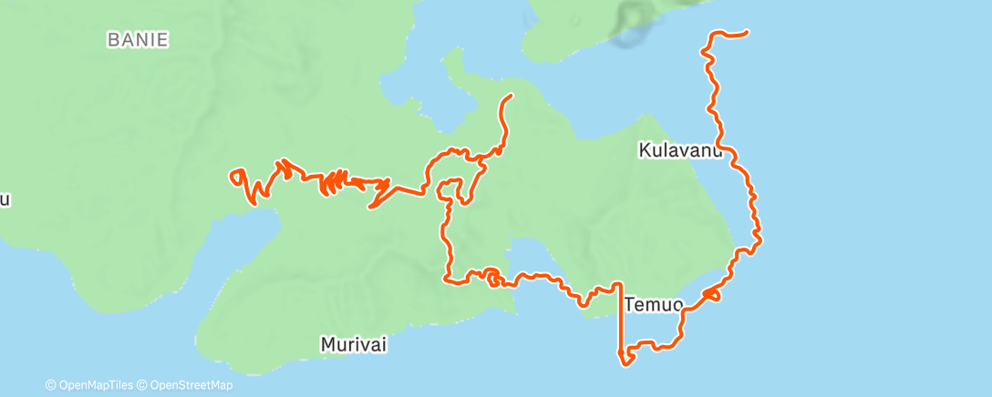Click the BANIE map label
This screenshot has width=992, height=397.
click(x=139, y=40)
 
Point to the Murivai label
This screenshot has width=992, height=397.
click(x=355, y=344)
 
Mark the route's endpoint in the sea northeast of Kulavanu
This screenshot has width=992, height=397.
click(x=747, y=34)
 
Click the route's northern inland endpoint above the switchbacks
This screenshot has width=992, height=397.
click(x=510, y=96)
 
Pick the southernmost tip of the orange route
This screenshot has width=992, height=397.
click(x=626, y=365)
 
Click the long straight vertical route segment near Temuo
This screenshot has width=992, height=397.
click(x=622, y=319)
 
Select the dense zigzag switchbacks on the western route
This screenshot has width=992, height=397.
click(x=334, y=182)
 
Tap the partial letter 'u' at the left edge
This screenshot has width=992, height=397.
click(x=5, y=200)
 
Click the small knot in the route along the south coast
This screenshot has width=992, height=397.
click(x=491, y=275)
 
